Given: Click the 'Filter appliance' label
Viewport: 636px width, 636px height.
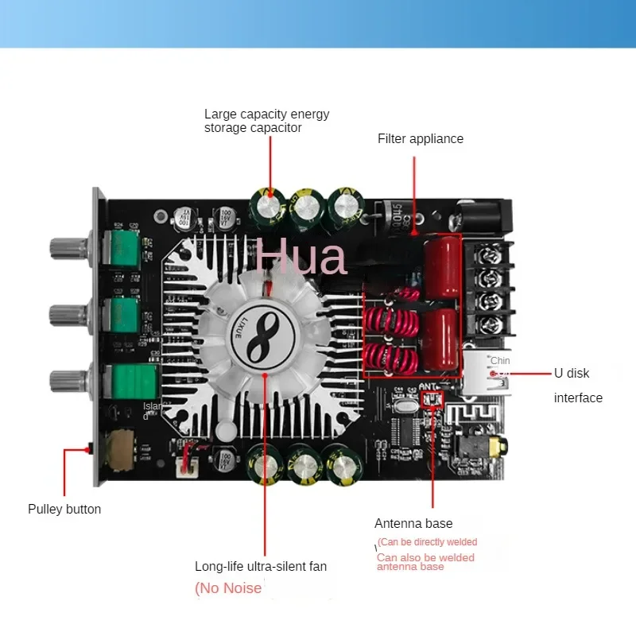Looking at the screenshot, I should click(420, 138).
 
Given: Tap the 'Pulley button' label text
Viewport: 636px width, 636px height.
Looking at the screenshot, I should click(64, 509).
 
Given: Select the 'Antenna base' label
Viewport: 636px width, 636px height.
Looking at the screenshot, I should click(413, 523).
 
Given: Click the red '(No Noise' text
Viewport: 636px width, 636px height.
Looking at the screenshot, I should click(229, 588).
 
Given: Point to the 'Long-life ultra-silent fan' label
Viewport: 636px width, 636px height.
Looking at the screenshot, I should click(261, 567).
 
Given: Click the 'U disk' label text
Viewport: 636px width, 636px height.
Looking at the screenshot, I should click(572, 373).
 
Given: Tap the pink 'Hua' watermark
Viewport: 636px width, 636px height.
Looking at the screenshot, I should click(301, 258).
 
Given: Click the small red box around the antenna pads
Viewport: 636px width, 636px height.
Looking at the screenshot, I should click(432, 397).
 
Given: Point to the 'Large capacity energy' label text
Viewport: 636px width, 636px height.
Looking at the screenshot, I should click(266, 114).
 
